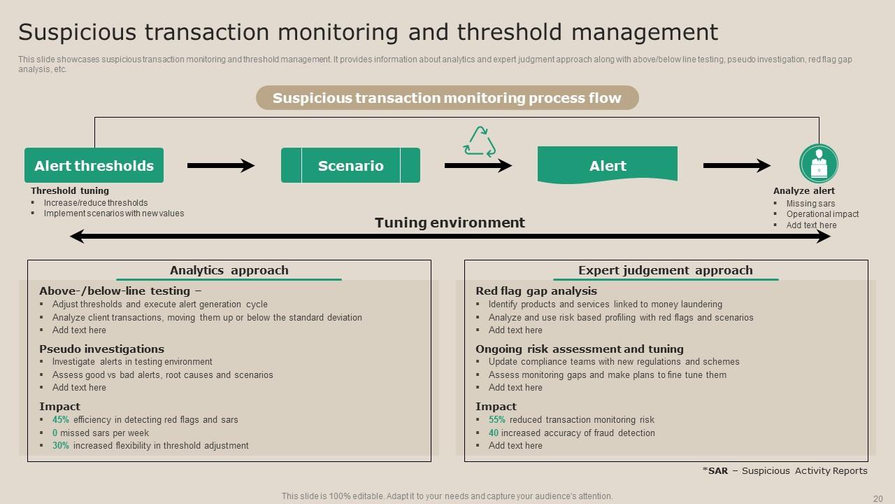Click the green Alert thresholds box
tap(94, 165)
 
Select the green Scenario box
tap(350, 165)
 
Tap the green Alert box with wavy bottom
tap(607, 165)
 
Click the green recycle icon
tap(479, 142)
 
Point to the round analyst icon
tap(818, 164)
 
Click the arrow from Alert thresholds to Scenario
tap(221, 166)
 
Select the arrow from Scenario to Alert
tap(478, 166)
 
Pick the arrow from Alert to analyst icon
tap(736, 166)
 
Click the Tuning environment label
tap(450, 223)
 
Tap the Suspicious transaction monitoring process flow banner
tap(447, 98)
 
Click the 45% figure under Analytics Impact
tap(61, 420)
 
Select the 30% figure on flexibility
tap(61, 446)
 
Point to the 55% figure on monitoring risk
tap(497, 420)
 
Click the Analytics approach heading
tap(229, 270)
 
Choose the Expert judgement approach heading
tap(665, 270)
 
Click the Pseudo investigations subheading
tap(101, 349)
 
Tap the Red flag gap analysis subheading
tap(536, 291)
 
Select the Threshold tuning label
tap(70, 190)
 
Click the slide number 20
tap(878, 498)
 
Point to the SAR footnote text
tap(785, 471)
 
